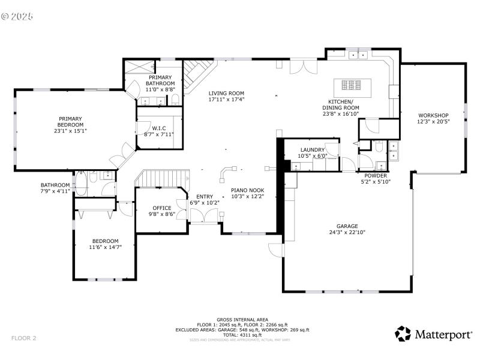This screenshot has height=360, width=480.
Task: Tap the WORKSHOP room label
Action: coord(433,115)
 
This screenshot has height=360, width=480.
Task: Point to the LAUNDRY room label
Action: coord(312,150)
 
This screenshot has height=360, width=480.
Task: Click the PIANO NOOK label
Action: coord(248,191)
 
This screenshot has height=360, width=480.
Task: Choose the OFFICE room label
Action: coord(161,208)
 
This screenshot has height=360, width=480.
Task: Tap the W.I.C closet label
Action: coord(159,128)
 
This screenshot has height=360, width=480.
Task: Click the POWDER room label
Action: coord(376,176)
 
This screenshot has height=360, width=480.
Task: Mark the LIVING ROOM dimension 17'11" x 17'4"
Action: coord(226,100)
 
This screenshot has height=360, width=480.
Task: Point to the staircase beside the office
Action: coord(163,178)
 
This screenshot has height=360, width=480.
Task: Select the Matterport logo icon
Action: coord(402,334)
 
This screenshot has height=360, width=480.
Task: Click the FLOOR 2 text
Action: coord(24,338)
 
